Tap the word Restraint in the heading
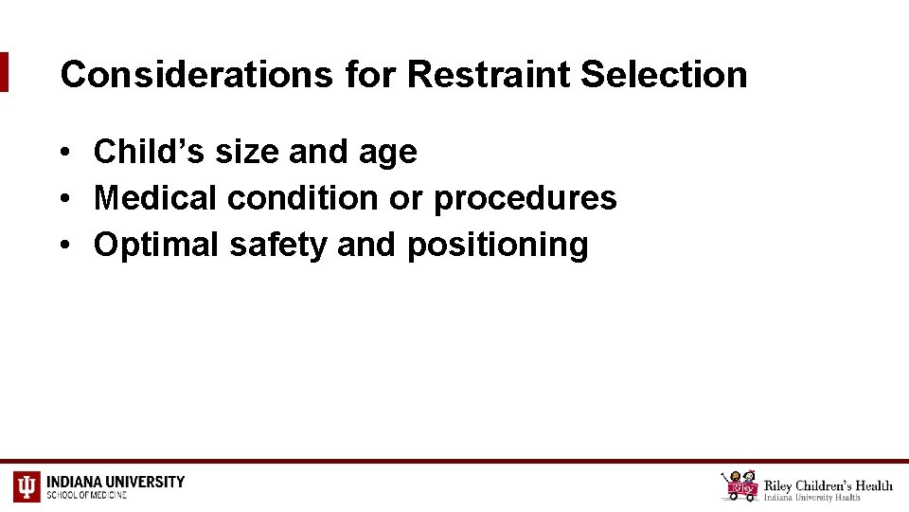click(x=490, y=74)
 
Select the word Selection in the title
click(x=664, y=74)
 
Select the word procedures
click(x=526, y=199)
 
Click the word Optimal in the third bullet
click(x=156, y=245)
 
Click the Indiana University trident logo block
click(x=27, y=486)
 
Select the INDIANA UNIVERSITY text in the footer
click(x=116, y=482)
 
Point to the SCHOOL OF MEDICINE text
click(x=87, y=495)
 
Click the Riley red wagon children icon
click(x=740, y=485)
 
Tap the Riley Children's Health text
click(x=828, y=485)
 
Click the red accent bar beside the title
click(x=4, y=72)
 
